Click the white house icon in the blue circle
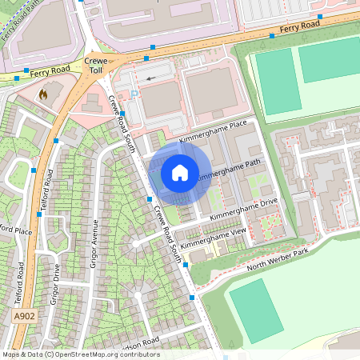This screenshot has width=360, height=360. (x=180, y=172)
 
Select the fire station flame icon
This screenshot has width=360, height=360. (x=43, y=94)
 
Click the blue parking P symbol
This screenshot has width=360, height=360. (x=134, y=94)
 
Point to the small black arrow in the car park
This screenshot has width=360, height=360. (x=151, y=78)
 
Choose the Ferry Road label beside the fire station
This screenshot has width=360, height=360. (x=50, y=72)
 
